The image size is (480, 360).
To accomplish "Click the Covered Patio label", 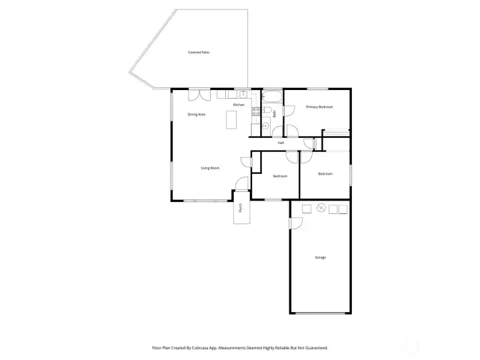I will click(199, 52).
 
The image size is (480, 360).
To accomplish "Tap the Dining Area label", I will click(196, 115).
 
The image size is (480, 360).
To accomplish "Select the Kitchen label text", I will click(239, 105).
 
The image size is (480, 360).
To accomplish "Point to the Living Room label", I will click(210, 168).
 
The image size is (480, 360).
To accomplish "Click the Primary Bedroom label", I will click(319, 107).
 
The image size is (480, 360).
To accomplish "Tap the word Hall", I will click(281, 143).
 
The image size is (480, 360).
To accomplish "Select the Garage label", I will click(320, 257).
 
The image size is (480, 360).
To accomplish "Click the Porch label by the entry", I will click(241, 208).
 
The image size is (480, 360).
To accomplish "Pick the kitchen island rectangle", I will click(231, 119).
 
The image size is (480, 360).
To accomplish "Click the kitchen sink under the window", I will click(244, 95).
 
